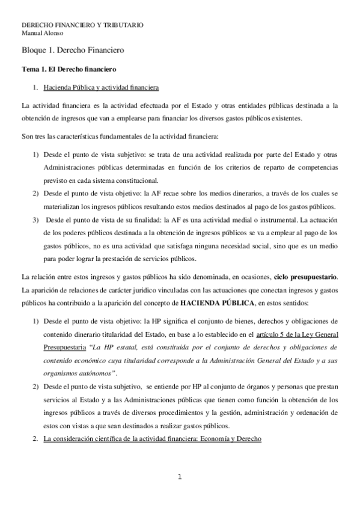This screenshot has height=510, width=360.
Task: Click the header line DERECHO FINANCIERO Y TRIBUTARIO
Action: click(82, 25)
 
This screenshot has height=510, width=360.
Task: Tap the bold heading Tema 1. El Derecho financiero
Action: click(69, 70)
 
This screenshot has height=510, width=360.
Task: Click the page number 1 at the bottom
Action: click(180, 478)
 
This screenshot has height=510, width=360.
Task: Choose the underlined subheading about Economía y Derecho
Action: click(153, 438)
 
